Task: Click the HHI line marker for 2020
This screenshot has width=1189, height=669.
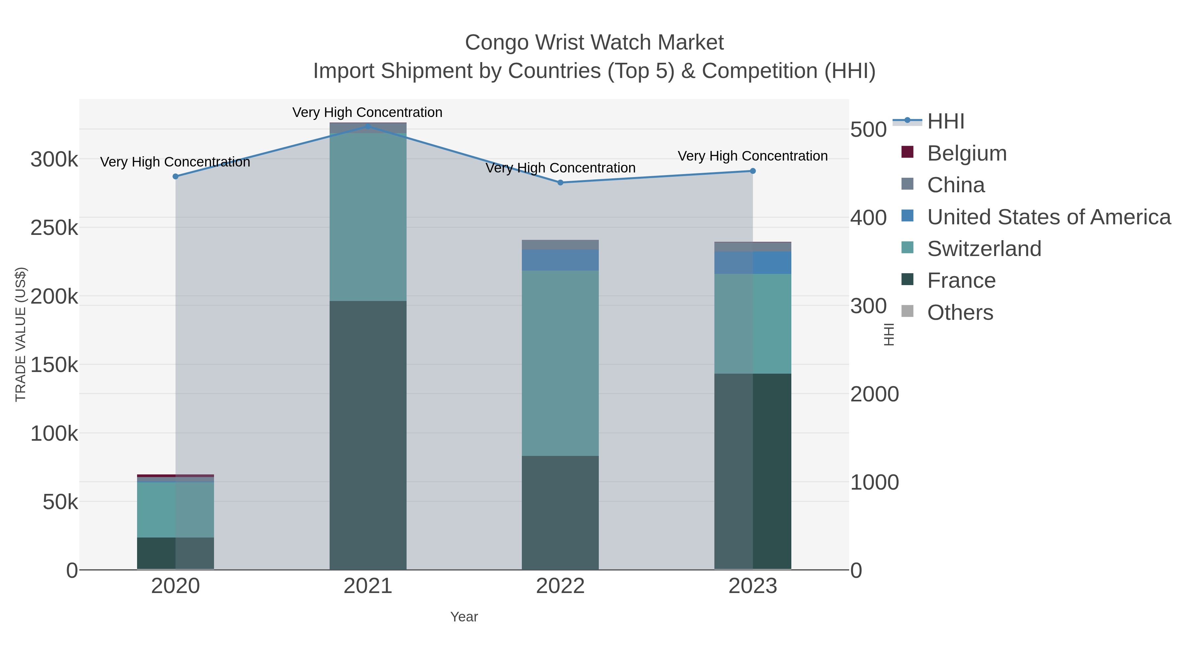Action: point(175,176)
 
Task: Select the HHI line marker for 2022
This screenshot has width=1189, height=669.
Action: point(560,182)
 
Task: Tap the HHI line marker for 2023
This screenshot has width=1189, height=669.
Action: point(753,171)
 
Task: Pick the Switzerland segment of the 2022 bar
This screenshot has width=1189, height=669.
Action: point(560,363)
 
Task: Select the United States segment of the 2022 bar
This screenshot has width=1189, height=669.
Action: point(560,260)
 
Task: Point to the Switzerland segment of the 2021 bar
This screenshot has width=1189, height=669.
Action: point(368,217)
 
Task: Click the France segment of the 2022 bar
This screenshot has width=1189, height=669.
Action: point(560,512)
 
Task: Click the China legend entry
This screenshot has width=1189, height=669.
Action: point(955,185)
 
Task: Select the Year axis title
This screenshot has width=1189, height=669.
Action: point(464,617)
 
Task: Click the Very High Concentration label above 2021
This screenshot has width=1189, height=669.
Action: point(367,113)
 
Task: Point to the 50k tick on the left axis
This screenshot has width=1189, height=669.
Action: point(60,502)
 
